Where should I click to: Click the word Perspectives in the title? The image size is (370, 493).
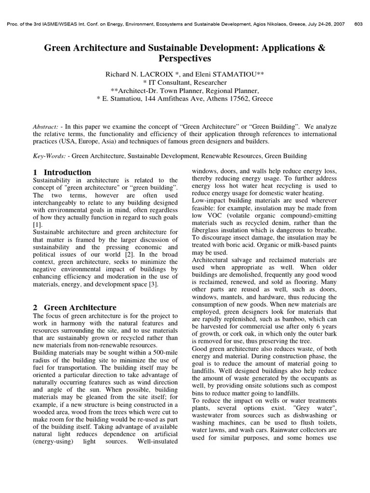coord(185,59)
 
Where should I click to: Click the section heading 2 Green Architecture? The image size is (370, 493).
coord(75,307)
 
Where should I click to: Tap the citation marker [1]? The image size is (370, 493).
coord(37,225)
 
